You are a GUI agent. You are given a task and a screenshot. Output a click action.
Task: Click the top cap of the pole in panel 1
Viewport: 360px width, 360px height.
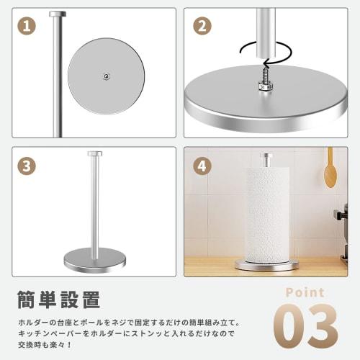pos(55,14)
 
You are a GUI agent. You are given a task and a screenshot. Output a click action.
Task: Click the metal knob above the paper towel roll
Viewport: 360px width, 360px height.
pos(266,158)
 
